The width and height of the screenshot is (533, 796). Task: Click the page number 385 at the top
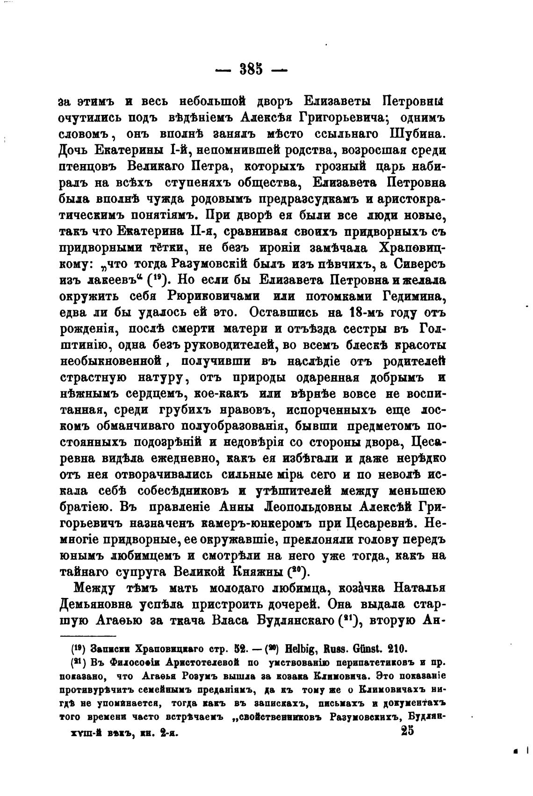(252, 70)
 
